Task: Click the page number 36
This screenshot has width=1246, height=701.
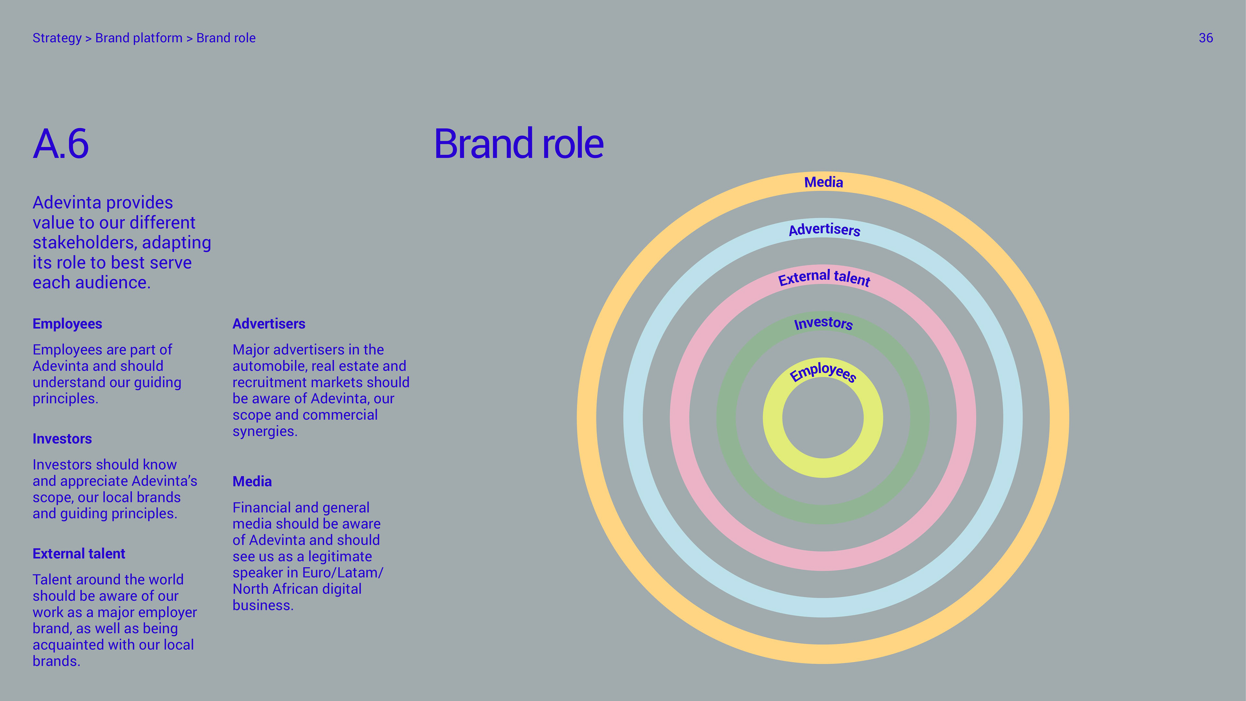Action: coord(1205,38)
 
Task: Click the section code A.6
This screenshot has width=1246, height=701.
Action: coord(61,144)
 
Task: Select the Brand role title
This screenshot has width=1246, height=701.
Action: coord(519,144)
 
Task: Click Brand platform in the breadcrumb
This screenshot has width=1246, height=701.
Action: coord(139,38)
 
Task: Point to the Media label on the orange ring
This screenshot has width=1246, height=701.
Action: coord(823,182)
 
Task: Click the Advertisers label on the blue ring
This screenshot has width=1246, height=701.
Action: coord(824,229)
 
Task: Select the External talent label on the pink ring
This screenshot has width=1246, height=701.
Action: coord(824,278)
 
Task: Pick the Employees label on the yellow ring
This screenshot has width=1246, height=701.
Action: coord(823,372)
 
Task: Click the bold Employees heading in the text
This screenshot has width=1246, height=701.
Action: coord(67,324)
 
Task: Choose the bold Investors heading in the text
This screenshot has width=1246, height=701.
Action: coord(62,439)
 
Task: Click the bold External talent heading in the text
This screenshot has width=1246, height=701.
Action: coord(79,553)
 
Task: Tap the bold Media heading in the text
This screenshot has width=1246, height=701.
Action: coord(252,481)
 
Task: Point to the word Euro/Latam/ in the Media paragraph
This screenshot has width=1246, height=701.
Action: coord(342,573)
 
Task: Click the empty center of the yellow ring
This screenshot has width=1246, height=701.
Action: coord(823,418)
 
